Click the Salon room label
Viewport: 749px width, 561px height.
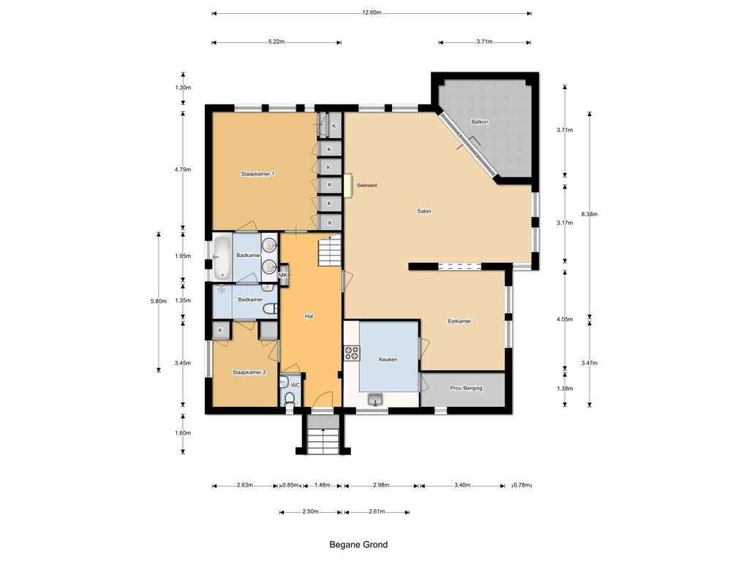(424, 211)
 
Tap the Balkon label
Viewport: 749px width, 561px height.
(480, 122)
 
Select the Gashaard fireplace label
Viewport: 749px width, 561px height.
(367, 185)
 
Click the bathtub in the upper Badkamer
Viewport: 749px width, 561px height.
(221, 258)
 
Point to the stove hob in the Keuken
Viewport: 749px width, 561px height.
(352, 352)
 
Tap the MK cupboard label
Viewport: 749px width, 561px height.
(283, 275)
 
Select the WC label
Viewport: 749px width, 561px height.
(296, 385)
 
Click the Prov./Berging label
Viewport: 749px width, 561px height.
(466, 388)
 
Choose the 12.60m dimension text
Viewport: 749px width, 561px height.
(372, 13)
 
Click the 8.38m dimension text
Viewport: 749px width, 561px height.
(590, 214)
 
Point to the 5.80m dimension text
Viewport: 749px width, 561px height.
(159, 301)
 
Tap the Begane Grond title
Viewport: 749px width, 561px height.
(358, 544)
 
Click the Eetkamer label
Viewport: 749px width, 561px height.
(459, 321)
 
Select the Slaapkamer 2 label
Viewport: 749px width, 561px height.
(249, 372)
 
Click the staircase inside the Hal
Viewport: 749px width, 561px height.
(330, 251)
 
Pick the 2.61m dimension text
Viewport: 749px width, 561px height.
(377, 512)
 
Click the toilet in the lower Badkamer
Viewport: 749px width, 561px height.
(271, 309)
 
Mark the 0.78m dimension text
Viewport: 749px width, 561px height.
(522, 485)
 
